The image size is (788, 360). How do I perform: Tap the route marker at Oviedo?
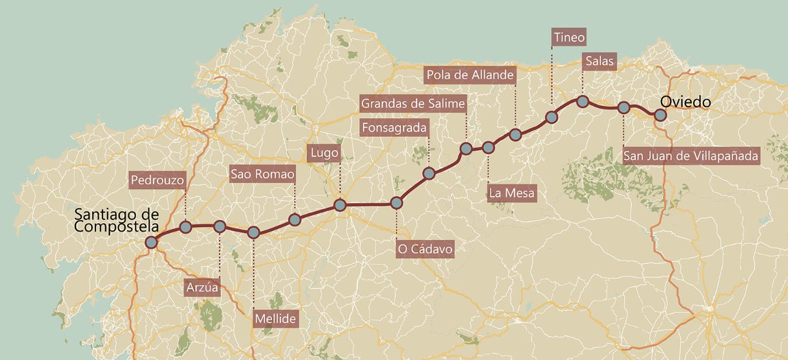[x=660, y=115]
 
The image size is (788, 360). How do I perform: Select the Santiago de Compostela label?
[x=117, y=220]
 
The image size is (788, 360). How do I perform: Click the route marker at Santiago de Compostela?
[x=152, y=243]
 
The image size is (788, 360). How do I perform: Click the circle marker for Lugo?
[x=340, y=206]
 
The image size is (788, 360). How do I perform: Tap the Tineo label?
[x=569, y=37]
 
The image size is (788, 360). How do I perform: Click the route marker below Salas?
[x=582, y=101]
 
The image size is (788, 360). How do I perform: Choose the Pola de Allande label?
[x=471, y=75]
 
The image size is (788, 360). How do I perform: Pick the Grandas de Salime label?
[x=413, y=103]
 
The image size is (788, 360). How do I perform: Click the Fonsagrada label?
[x=394, y=128]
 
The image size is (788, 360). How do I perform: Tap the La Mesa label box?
[x=512, y=193]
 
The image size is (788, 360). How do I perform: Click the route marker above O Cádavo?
[x=397, y=203]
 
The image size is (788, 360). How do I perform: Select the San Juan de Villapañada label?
[x=691, y=155]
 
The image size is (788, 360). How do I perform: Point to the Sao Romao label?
[x=262, y=174]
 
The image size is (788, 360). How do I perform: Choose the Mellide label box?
[x=275, y=319]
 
